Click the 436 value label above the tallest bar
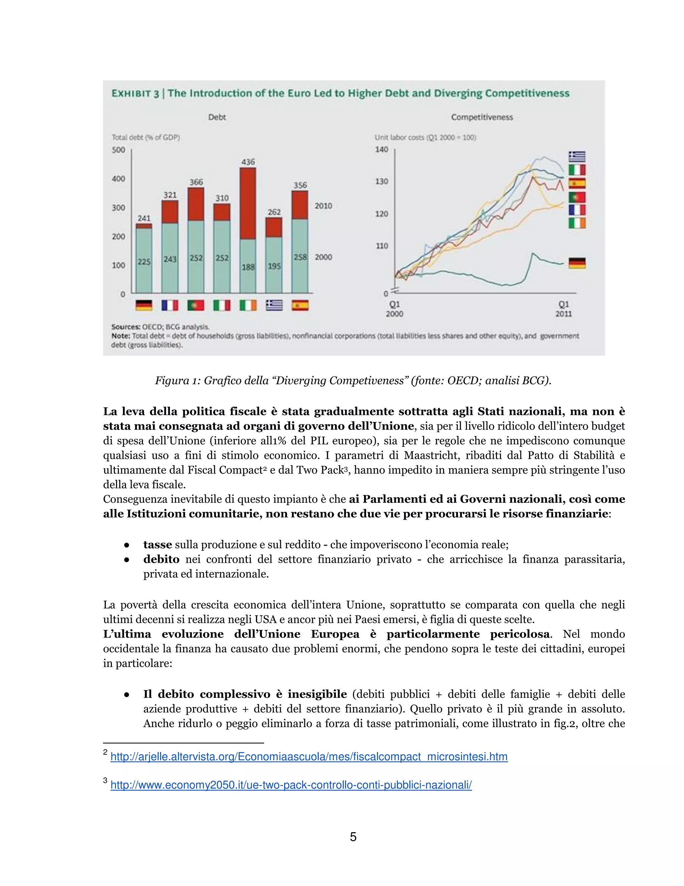pos(248,162)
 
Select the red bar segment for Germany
pos(144,226)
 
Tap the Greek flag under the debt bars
pos(274,305)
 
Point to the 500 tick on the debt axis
pos(118,150)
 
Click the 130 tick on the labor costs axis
pos(381,181)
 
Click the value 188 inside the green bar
pos(248,266)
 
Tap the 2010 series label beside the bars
pos(323,206)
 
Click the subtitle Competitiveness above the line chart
pos(482,117)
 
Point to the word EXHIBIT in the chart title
pos(131,94)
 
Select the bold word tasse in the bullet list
pos(157,544)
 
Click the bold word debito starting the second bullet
pos(161,559)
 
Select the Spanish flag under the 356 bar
pos(300,305)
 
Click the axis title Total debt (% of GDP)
pos(146,137)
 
